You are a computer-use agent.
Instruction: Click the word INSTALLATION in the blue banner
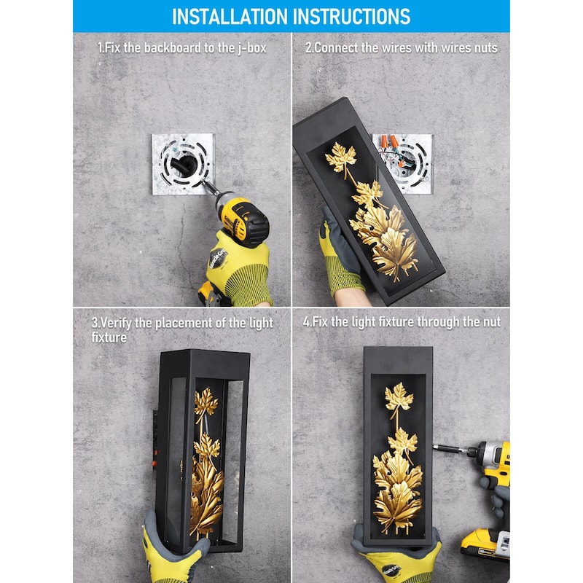tap(230, 17)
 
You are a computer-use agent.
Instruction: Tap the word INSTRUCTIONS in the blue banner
tap(352, 17)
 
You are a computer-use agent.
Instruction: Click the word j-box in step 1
tap(252, 48)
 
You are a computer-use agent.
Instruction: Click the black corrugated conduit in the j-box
tap(185, 165)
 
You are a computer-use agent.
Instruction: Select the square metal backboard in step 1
tap(184, 163)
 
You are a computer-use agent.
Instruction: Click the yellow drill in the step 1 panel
tap(238, 219)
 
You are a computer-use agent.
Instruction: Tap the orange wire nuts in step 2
tap(389, 141)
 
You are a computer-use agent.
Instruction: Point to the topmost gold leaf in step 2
tap(340, 157)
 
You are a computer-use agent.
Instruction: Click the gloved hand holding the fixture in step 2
tap(340, 257)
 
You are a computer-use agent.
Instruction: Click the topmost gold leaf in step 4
tap(399, 396)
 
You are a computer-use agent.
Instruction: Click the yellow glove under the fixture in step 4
tap(398, 561)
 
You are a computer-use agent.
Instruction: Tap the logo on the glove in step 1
tap(217, 259)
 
